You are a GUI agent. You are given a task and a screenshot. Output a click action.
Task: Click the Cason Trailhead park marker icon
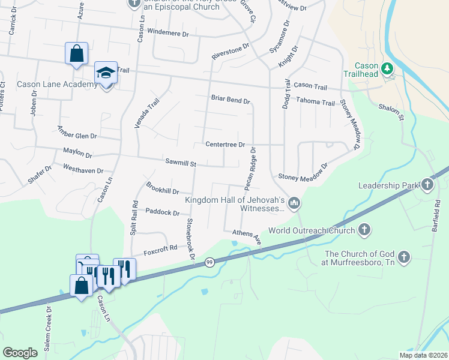(388, 68)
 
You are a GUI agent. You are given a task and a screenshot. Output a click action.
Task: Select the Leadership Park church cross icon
(427, 184)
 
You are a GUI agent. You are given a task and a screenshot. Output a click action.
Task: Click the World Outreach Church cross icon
(364, 229)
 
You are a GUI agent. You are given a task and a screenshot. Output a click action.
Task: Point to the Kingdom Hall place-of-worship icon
(294, 204)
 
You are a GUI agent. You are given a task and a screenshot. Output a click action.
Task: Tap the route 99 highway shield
(209, 262)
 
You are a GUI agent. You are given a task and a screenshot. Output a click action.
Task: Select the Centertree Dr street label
(225, 145)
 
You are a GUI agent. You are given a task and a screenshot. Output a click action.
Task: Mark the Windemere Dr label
(167, 32)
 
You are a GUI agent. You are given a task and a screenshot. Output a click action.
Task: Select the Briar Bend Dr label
(230, 99)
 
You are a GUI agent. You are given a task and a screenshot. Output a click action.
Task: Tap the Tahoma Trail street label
(316, 103)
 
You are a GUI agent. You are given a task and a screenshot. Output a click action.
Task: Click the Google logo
(20, 353)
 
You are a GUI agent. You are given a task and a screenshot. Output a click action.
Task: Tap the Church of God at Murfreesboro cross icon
(404, 258)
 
